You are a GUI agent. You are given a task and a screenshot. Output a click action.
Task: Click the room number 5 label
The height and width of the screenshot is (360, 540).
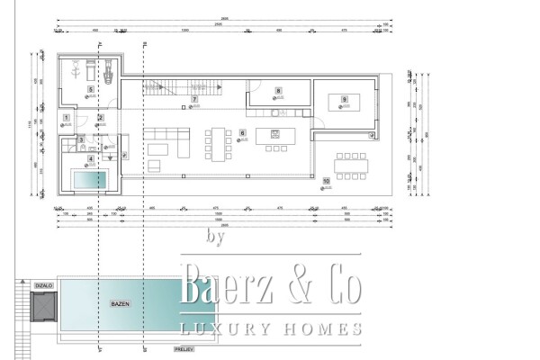(x=90, y=90)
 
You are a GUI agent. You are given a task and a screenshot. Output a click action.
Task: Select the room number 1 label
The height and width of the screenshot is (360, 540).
(x=67, y=118)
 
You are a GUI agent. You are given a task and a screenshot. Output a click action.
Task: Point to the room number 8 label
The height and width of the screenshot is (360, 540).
(x=278, y=91)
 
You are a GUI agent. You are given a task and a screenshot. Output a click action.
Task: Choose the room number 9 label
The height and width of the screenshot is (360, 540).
(x=344, y=98)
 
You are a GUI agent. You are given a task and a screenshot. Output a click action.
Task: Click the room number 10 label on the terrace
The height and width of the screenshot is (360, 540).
(x=326, y=181)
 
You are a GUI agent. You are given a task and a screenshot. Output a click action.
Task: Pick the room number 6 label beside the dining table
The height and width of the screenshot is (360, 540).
(x=242, y=132)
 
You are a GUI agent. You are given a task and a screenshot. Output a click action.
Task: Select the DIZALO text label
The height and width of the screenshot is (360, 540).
(x=42, y=285)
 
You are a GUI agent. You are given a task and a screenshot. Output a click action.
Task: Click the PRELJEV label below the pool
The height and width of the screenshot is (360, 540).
(x=184, y=348)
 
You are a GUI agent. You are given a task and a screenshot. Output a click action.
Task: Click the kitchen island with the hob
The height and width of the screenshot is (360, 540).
(x=274, y=138)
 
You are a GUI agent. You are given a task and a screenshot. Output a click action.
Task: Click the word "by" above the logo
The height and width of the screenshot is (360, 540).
(x=214, y=238)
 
